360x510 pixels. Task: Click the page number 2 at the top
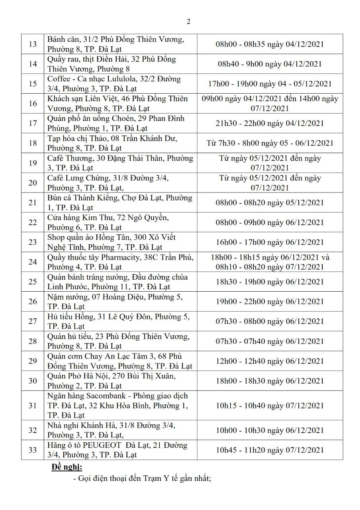[188, 22]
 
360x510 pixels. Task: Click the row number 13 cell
[33, 44]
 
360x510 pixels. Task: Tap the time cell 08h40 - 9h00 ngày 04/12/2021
[270, 64]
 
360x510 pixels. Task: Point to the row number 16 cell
[33, 103]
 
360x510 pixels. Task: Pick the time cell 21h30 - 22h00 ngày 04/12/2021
[270, 123]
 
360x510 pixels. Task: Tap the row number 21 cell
[33, 202]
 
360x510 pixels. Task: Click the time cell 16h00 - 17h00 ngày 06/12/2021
[270, 242]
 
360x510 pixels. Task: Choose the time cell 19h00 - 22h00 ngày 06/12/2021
[270, 302]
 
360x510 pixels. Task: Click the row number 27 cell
[33, 321]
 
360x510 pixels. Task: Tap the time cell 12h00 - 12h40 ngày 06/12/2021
[270, 361]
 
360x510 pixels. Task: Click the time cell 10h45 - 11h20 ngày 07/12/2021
[270, 450]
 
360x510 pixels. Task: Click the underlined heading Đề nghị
[67, 467]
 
